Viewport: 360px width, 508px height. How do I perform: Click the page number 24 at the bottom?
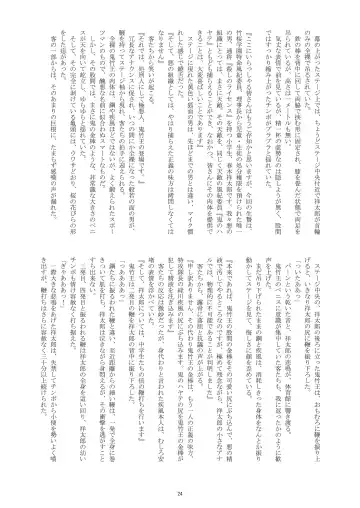(x=180, y=481)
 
